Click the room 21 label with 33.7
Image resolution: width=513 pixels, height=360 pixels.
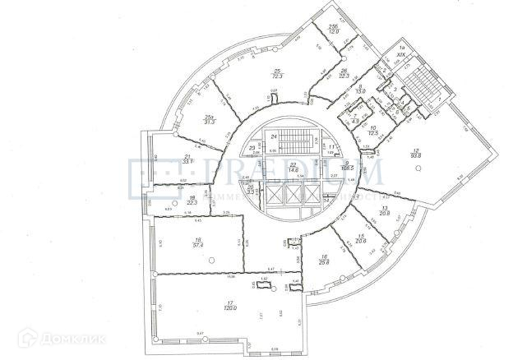[187, 159]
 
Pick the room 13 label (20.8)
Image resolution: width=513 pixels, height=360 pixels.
[382, 211]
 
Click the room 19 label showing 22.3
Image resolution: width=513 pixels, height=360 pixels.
[192, 200]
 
